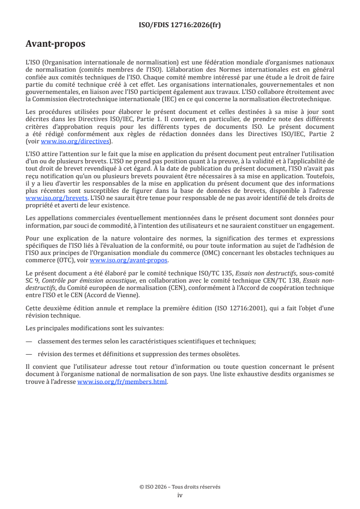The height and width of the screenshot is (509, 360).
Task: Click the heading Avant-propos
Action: [x=55, y=44]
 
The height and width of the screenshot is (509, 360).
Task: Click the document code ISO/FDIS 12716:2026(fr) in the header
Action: [x=180, y=25]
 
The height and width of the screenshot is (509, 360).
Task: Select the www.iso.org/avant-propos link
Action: [x=129, y=260]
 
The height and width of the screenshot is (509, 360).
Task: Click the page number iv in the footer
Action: [x=180, y=495]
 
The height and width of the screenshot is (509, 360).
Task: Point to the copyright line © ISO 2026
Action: [x=180, y=487]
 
